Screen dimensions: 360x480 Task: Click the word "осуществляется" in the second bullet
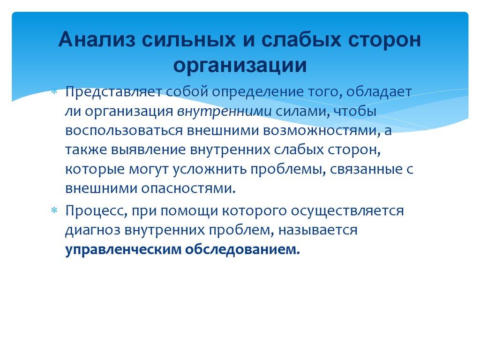(x=347, y=210)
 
